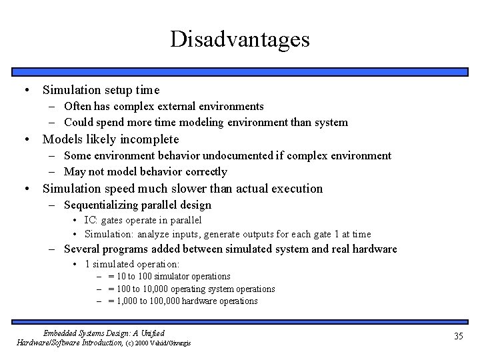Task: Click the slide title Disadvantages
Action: pos(239,39)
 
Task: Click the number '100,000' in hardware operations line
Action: pos(163,301)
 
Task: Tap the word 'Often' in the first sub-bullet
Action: pos(77,107)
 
